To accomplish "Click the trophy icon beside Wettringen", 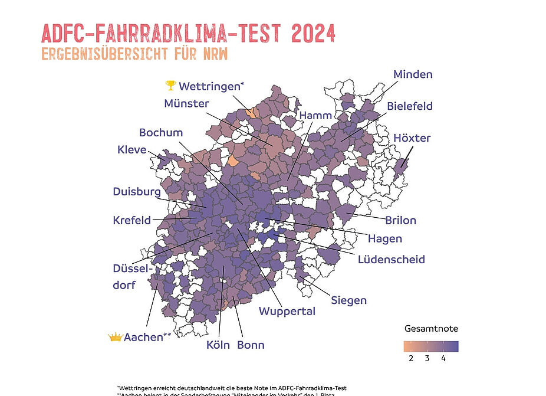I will tap(170, 86).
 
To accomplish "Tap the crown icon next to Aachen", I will tap(114, 337).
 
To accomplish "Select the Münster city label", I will tap(186, 103).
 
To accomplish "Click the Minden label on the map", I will tap(413, 74).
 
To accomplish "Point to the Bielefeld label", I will tap(410, 106).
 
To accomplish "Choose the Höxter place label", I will tap(412, 138).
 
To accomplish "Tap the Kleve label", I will tap(131, 150).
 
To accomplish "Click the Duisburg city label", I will tap(137, 192).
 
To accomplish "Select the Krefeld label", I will tap(132, 221).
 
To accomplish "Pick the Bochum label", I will tap(161, 132).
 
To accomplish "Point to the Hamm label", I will tap(315, 114).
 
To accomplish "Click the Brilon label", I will tap(400, 221).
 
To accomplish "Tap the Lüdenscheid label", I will tap(391, 259).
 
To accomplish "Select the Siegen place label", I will tap(348, 300).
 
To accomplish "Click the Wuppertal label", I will tap(287, 311).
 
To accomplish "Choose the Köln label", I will tap(218, 345).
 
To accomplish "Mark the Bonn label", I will tap(251, 345).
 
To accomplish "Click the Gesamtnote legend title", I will tap(431, 328).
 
